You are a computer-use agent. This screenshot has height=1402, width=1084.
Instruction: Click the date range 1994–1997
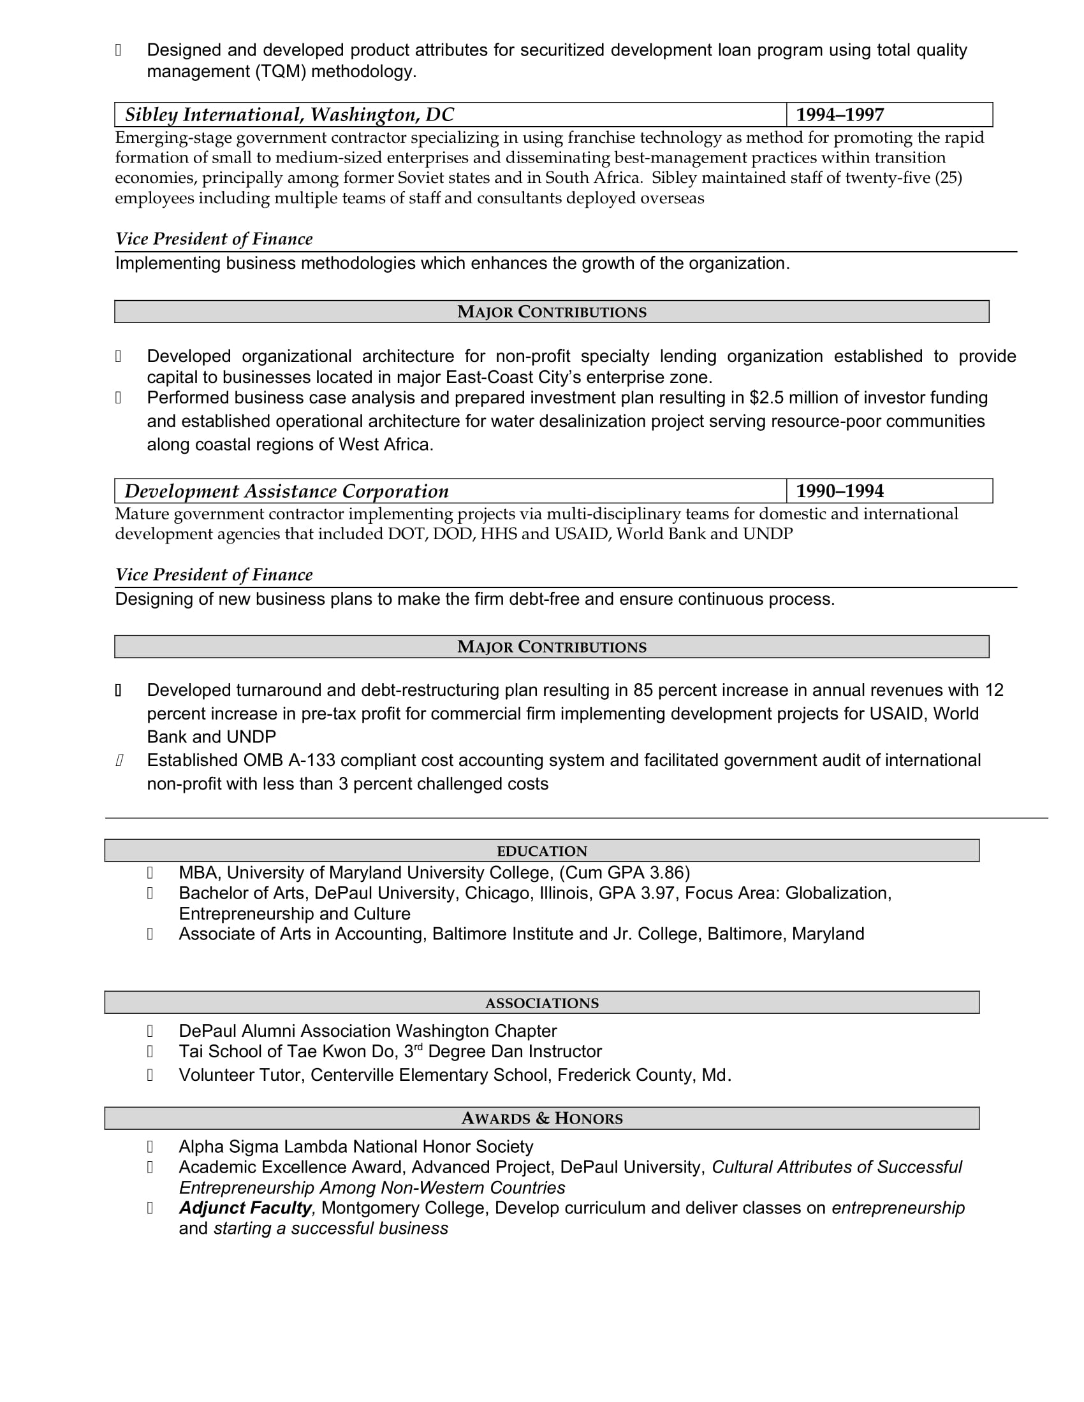click(839, 115)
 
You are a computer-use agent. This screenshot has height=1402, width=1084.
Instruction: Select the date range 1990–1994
click(839, 491)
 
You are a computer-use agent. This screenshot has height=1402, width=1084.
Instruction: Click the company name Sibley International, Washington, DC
click(289, 115)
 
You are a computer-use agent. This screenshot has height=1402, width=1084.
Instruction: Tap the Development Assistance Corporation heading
click(286, 491)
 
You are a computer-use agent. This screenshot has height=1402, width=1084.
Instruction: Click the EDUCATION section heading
click(541, 851)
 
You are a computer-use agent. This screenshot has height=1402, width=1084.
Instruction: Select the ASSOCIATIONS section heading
click(541, 1002)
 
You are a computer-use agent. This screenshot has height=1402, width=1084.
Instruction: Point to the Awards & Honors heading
click(541, 1118)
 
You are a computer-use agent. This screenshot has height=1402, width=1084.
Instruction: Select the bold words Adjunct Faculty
click(245, 1208)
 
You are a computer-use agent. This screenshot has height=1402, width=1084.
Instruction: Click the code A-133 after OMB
click(311, 760)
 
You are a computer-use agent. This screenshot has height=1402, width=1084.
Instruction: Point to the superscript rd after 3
click(418, 1048)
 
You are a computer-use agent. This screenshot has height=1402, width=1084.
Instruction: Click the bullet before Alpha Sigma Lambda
click(150, 1146)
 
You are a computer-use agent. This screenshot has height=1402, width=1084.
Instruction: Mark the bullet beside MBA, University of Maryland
click(150, 873)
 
